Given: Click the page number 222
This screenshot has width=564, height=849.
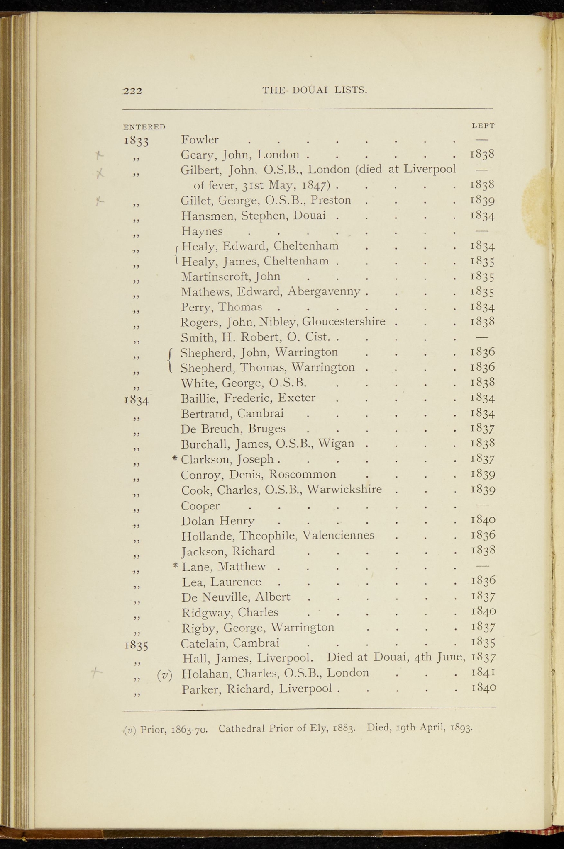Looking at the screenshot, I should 132,91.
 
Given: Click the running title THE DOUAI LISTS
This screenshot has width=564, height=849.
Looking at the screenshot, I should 315,90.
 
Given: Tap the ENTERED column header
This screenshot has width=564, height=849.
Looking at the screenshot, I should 144,127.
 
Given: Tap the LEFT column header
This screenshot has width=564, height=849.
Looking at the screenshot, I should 483,126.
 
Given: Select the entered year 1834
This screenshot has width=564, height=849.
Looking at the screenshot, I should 137,400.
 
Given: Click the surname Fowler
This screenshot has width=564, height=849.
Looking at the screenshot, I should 200,140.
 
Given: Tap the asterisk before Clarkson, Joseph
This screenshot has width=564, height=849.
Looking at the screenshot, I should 175,458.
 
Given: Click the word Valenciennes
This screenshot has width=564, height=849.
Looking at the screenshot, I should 338,536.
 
